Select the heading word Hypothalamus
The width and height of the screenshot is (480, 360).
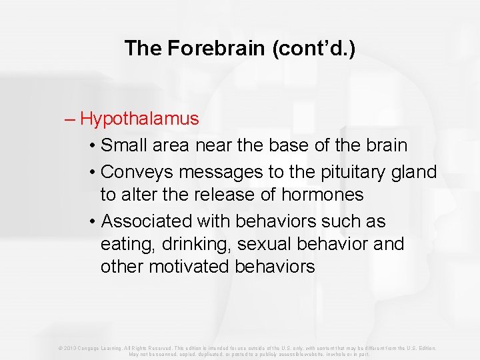pos(139,119)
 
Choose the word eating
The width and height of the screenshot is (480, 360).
pos(121,245)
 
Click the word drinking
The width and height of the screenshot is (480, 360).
pos(189,245)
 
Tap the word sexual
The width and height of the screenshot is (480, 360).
pos(257,245)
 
